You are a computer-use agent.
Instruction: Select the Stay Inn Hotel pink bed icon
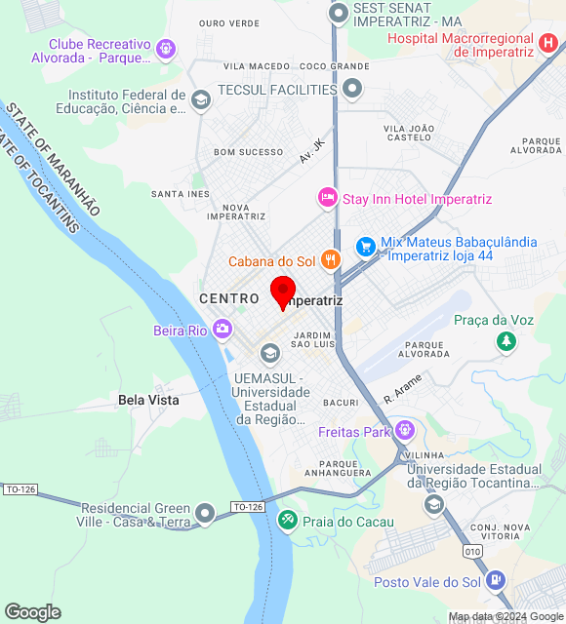point(328,198)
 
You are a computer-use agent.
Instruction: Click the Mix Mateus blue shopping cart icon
point(366,248)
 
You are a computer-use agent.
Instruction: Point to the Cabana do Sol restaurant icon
point(332,260)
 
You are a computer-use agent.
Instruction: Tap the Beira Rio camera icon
point(222,330)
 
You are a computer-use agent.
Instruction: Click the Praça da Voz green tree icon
point(505,340)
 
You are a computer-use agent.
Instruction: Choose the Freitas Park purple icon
point(404,431)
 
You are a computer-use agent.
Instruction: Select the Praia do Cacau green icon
point(287,521)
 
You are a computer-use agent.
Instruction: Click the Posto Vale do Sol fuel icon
point(497,582)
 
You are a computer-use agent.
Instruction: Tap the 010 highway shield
point(473,551)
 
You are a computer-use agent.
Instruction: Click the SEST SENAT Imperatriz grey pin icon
point(339,14)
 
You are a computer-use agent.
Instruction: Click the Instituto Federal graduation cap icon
point(200,99)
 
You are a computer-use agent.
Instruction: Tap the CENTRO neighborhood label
point(229,298)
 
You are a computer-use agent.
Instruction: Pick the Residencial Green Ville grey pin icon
point(205,512)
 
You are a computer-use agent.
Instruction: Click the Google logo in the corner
point(32,611)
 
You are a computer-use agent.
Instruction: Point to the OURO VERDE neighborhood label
point(228,22)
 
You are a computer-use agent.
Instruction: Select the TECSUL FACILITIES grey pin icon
point(352,90)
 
